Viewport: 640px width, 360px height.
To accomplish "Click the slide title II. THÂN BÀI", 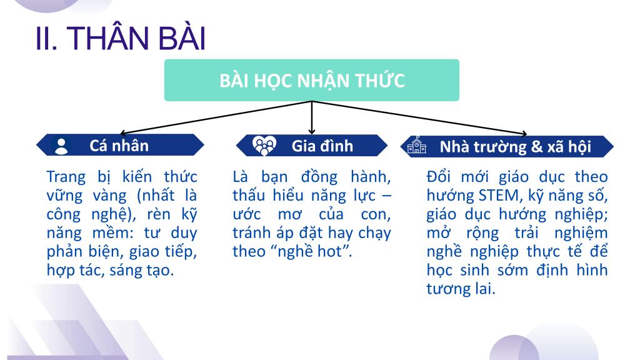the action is pyautogui.click(x=121, y=38).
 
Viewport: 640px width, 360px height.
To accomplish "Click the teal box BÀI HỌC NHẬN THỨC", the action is pyautogui.click(x=312, y=80).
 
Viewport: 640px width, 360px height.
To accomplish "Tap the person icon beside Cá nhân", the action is pyautogui.click(x=61, y=146).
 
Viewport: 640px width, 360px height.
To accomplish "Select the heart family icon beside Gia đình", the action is pyautogui.click(x=264, y=146).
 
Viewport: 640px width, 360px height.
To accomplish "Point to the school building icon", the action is pyautogui.click(x=417, y=145).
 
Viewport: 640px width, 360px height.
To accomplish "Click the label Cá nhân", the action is pyautogui.click(x=119, y=146).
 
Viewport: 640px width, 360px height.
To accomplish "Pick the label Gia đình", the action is pyautogui.click(x=322, y=146).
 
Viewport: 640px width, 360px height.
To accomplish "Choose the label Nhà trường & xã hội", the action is pyautogui.click(x=515, y=146).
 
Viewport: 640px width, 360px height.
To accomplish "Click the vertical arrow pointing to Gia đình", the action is pyautogui.click(x=312, y=117).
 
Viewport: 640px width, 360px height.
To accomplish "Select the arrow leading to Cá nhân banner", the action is pyautogui.click(x=216, y=117).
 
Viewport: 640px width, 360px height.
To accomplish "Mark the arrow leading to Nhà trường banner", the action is pyautogui.click(x=419, y=117).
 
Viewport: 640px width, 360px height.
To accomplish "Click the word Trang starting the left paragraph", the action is pyautogui.click(x=66, y=177).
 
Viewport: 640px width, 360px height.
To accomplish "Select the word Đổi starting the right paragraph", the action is pyautogui.click(x=439, y=177).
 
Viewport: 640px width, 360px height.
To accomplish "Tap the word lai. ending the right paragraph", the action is pyautogui.click(x=485, y=289).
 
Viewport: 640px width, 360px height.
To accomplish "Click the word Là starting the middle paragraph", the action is pyautogui.click(x=240, y=177).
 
